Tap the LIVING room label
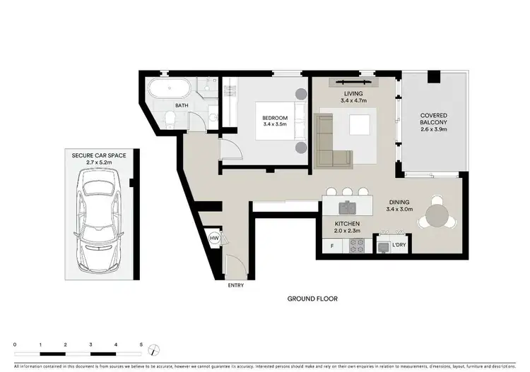point(353,93)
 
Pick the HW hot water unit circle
point(214,239)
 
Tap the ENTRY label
point(235,286)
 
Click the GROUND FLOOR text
point(312,299)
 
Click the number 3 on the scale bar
point(90,344)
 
